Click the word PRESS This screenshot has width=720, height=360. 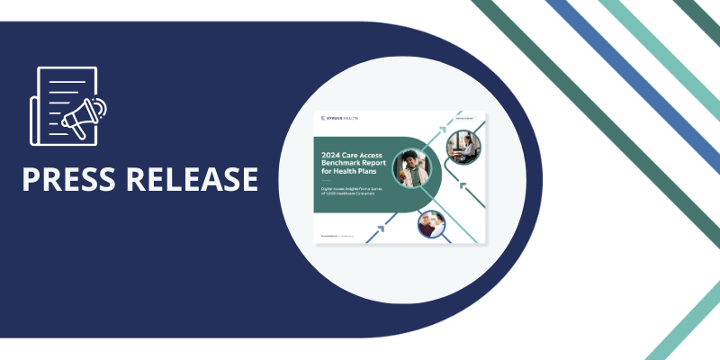[70, 178]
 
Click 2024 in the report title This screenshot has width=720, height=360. [337, 154]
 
